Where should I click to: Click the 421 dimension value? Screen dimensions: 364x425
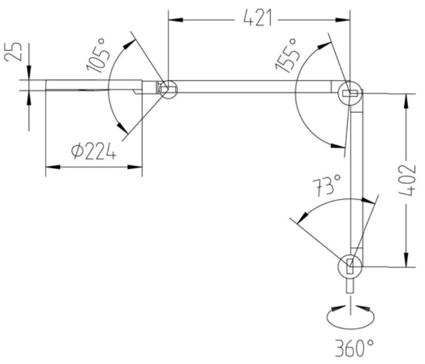258,18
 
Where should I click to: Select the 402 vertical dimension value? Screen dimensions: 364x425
408,181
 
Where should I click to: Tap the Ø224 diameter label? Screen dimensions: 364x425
94,151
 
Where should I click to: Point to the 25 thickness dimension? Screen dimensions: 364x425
14,51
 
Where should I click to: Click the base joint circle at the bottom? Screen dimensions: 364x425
350,266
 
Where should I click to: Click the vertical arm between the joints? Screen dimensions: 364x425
357,179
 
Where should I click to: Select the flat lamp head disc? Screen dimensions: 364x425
94,85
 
